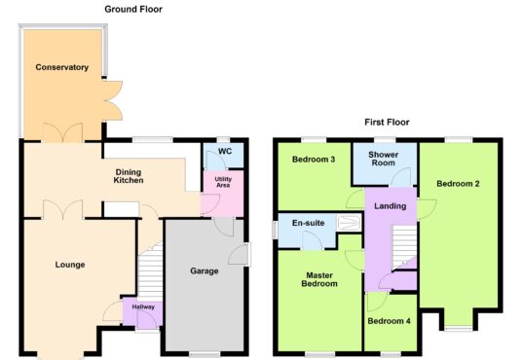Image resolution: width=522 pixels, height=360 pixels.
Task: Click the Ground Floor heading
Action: point(133,10)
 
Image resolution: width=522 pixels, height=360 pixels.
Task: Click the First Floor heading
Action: point(387,122)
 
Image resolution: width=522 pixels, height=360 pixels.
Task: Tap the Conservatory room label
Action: point(62,67)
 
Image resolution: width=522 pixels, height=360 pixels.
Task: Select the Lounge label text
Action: point(70,265)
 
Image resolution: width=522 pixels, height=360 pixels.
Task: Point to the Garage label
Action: point(205,271)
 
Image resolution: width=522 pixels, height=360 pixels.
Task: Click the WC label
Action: point(225,152)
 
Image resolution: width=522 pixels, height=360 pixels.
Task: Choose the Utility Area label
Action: point(223,182)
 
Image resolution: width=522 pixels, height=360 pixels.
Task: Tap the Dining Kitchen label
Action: point(129,176)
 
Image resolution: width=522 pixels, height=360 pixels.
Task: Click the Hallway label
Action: point(143,306)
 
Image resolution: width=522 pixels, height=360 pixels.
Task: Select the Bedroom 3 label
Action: point(314,160)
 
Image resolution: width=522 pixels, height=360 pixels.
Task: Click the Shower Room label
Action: point(383,159)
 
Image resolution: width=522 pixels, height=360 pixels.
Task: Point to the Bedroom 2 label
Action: point(458,184)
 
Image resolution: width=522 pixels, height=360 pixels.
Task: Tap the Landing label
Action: point(391,206)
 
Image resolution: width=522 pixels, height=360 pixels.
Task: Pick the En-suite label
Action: point(309,223)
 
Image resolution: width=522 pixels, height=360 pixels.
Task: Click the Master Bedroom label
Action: point(319,279)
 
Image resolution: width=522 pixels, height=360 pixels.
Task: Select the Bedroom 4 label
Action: point(389,321)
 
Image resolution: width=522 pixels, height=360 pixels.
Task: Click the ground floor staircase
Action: point(150,271)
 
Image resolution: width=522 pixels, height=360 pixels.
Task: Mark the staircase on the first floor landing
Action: point(404,247)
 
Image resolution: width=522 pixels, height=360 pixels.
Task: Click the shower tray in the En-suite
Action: point(349,222)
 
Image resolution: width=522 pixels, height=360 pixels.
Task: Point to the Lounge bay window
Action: point(60,355)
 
